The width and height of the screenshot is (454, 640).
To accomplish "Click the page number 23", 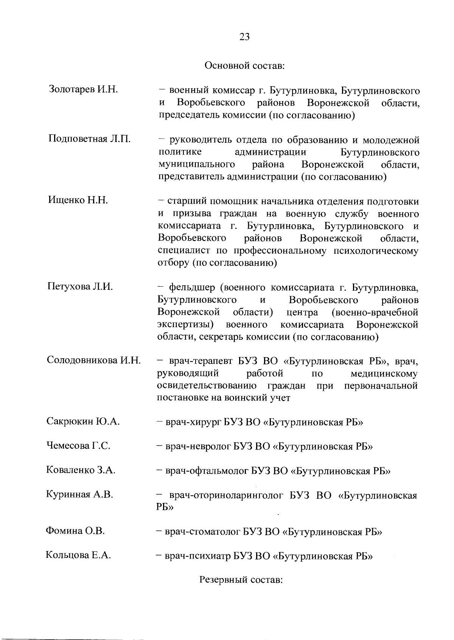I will (244, 37).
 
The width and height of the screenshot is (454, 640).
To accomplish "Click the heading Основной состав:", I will (244, 66).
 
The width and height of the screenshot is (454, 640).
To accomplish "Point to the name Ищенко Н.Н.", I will (78, 200).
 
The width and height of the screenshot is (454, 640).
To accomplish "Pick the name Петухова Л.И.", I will (80, 286).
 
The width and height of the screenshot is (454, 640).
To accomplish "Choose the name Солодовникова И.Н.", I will (94, 360).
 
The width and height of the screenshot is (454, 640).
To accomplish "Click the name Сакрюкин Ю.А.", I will (83, 421).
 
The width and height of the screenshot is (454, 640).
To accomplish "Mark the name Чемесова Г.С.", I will (78, 446).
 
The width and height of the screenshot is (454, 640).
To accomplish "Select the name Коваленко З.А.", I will (81, 470).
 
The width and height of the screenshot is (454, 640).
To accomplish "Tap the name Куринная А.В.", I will (79, 495).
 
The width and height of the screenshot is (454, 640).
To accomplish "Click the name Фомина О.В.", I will (75, 531).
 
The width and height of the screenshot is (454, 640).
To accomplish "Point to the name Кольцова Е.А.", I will (78, 556).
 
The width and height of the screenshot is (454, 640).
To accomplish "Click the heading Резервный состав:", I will (241, 580).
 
